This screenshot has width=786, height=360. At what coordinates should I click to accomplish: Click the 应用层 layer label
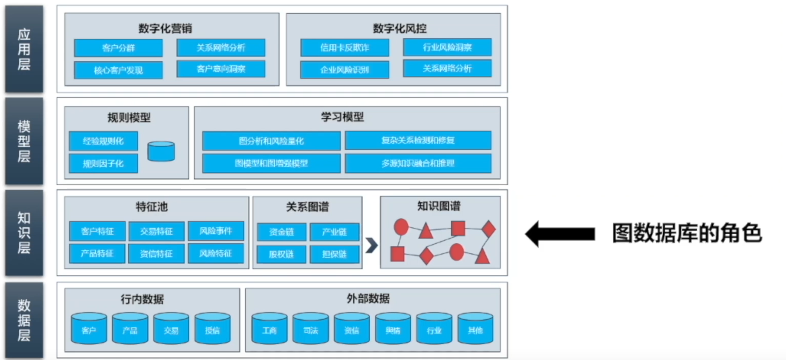(x=24, y=49)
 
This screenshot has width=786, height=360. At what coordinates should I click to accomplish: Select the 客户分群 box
(x=118, y=48)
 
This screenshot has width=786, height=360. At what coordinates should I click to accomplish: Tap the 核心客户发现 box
(x=118, y=70)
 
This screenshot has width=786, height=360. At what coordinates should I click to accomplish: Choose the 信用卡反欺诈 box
(x=344, y=47)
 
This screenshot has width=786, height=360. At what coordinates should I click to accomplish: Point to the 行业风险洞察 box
(x=447, y=47)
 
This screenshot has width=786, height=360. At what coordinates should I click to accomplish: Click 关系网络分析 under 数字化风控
(x=447, y=68)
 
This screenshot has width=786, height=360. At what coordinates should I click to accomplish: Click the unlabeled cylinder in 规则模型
(x=161, y=151)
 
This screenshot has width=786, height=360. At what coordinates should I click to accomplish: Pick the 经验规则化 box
(x=103, y=141)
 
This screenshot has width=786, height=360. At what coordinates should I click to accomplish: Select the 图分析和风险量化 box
(x=271, y=141)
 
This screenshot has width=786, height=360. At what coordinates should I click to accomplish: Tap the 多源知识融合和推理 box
(x=418, y=163)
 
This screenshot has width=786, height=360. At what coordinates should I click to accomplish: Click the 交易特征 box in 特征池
(x=157, y=231)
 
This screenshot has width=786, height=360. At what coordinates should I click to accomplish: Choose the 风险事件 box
(x=216, y=230)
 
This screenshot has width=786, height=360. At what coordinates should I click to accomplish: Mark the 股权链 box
(x=281, y=254)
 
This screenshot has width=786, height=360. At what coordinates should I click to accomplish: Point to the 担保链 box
(x=335, y=254)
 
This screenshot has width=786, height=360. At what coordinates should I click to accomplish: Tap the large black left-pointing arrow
(x=560, y=234)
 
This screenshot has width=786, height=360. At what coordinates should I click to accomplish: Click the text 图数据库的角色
(x=687, y=234)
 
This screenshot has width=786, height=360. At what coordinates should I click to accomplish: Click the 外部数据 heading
(x=372, y=299)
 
